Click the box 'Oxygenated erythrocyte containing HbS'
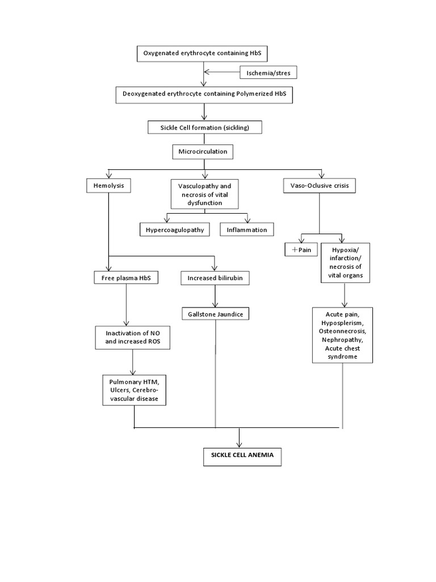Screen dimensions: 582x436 coord(202,54)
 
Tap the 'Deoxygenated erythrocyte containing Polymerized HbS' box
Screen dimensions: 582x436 coord(204,95)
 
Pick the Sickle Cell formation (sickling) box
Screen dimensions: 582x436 coord(206,127)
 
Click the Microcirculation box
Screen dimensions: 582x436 coord(203,152)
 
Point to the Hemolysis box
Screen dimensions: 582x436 coord(108,185)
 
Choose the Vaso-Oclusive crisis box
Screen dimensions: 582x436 coord(319,186)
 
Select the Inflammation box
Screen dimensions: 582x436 coord(246,229)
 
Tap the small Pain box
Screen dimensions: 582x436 coord(301,250)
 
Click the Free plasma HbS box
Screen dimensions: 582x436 coord(126,278)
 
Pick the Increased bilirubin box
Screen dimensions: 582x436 coord(215,278)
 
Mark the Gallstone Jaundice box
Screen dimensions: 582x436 coord(215,314)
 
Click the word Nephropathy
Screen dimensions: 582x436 coord(342,339)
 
